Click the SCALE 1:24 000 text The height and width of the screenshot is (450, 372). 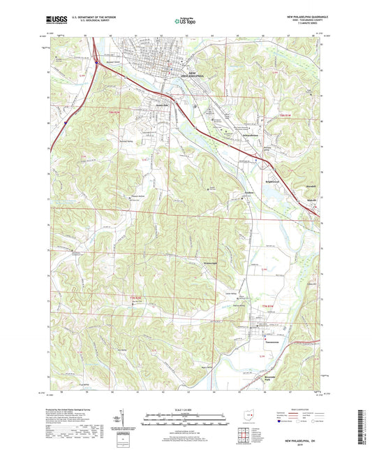click(x=186, y=409)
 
